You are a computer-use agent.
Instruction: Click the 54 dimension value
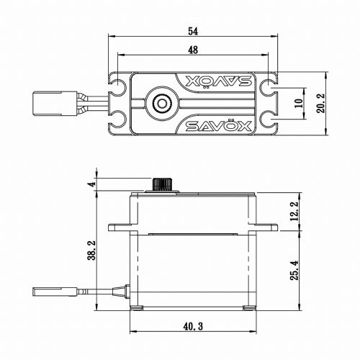pyautogui.click(x=193, y=32)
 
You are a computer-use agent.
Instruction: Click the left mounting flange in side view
pyautogui.click(x=120, y=227)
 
